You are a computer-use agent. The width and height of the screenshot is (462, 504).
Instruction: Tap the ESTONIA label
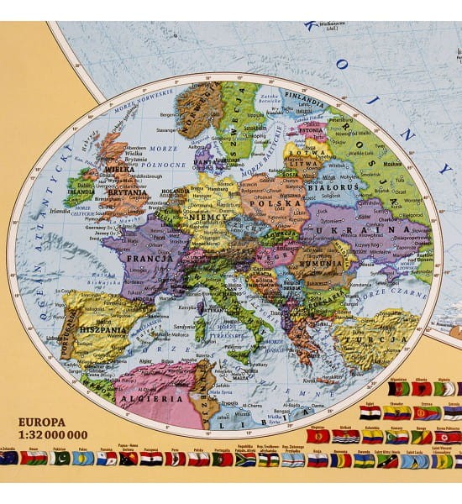[312, 130]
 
